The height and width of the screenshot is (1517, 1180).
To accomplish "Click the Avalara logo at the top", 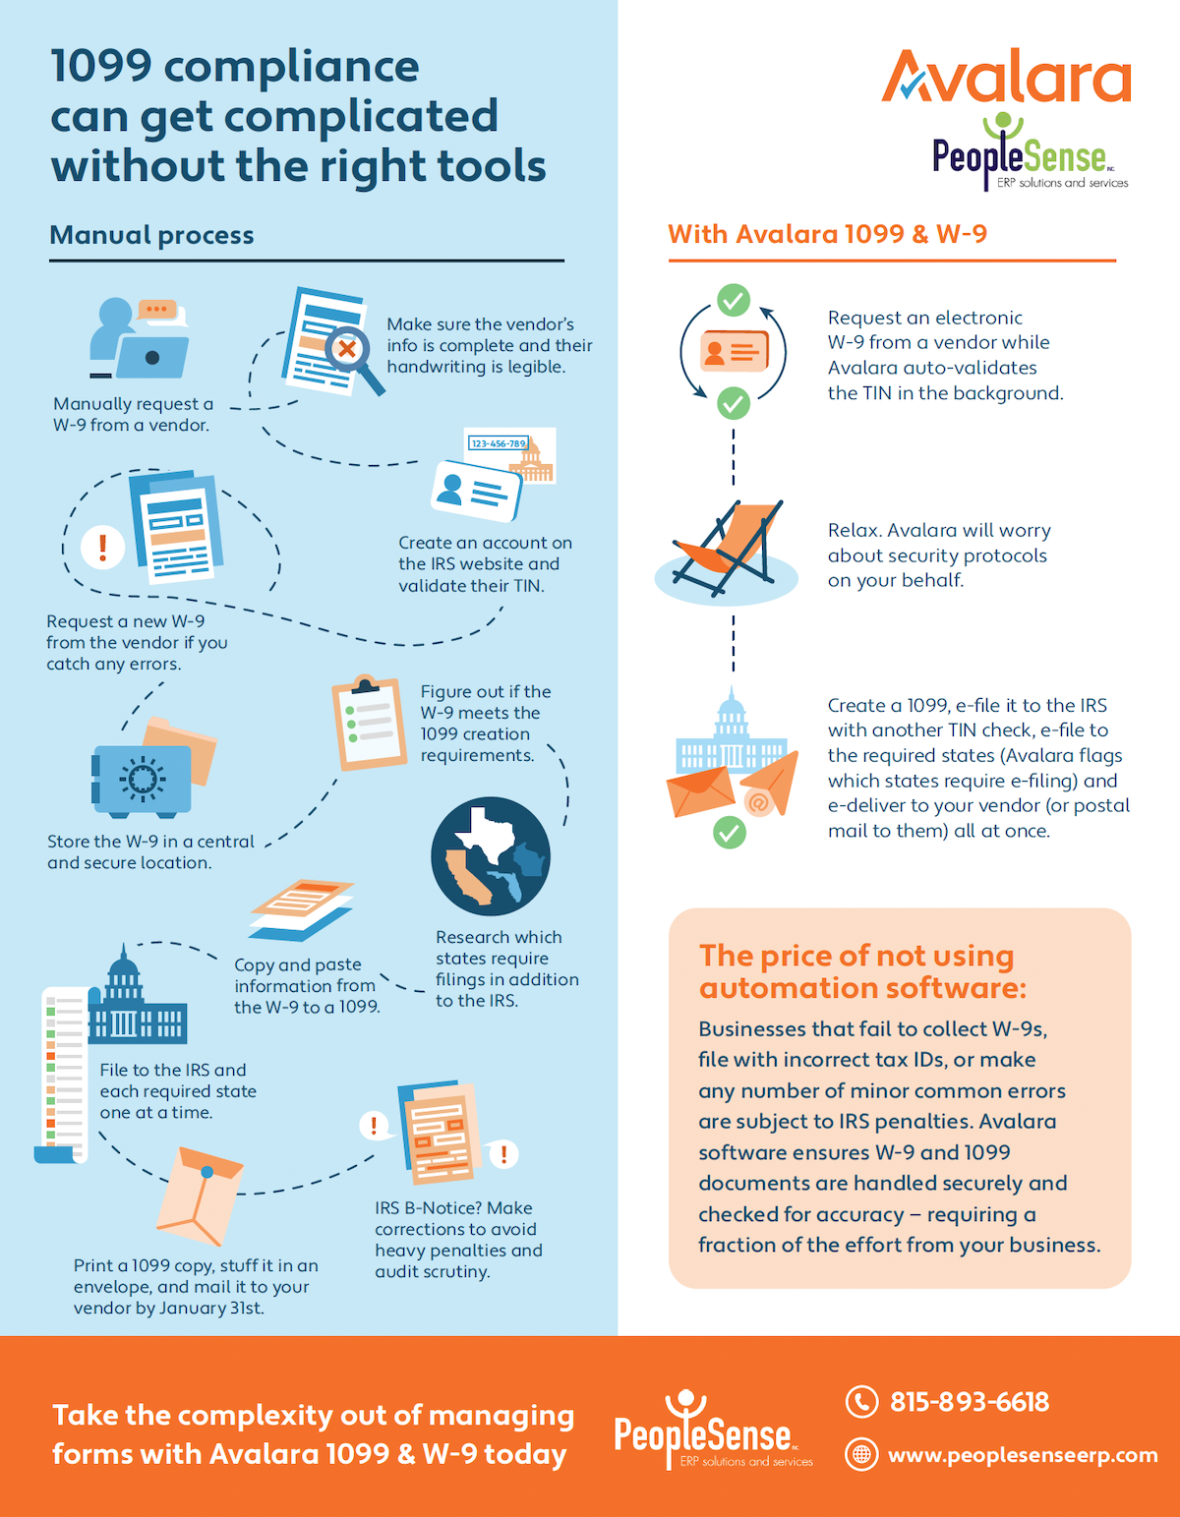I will (1006, 77).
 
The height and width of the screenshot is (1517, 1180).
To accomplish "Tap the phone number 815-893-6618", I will (969, 1402).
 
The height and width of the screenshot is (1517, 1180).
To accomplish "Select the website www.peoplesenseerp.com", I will (1023, 1455).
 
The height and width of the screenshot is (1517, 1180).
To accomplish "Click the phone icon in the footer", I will (861, 1402).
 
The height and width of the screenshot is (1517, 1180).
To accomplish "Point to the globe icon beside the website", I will (861, 1454).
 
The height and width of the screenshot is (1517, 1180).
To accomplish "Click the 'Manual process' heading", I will (151, 235).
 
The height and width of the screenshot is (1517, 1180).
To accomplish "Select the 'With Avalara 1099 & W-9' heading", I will (827, 234).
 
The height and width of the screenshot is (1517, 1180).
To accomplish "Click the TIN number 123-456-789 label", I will (498, 443).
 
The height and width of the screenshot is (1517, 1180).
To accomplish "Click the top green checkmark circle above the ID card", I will (733, 300).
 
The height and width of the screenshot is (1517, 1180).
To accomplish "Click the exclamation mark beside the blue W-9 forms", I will (102, 546).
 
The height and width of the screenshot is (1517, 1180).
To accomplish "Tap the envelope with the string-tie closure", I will (201, 1195).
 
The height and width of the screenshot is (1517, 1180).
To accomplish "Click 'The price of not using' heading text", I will (855, 956).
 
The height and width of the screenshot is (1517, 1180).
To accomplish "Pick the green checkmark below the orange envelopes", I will (729, 833).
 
